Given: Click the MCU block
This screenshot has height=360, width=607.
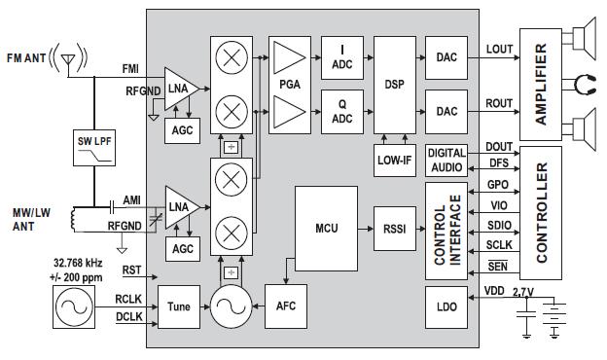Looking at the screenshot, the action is pos(326,229).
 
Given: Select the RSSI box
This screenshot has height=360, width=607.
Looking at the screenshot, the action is pos(395,229).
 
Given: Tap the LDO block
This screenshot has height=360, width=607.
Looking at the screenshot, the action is pos(446,307).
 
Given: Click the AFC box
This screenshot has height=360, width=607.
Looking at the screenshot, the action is pos(286,306).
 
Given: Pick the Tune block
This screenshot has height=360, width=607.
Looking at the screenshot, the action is pos(179,306).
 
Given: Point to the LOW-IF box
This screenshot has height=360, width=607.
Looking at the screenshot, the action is pos(395,161).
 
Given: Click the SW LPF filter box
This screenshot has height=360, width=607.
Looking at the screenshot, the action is pos(94,148).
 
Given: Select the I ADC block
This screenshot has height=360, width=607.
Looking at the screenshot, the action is pos(342,58).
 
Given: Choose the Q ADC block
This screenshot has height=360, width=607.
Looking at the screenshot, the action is pos(342,112).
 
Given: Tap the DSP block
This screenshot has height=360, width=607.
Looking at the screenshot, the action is pos(395,86).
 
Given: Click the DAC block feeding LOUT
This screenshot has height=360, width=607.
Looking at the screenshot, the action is pos(446,58).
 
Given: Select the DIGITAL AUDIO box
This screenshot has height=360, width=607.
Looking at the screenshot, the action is pos(446,161).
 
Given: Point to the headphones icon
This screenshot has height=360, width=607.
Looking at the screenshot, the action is pos(585,85).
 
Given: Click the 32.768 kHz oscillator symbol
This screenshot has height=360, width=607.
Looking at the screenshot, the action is pos(74,307).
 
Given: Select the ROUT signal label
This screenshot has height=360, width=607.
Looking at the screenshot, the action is pos(499,104).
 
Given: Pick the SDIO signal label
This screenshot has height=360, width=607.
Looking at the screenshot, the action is pos(499,225).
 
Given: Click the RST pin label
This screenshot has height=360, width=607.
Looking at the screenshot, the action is pos(131,270).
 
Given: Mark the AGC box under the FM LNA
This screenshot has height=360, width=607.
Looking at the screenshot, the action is pos(182,130).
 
